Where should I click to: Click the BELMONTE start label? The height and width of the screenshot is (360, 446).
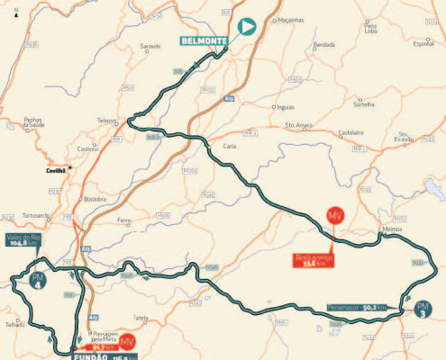[x=204, y=40]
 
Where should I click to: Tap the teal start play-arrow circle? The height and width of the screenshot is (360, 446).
[x=244, y=28]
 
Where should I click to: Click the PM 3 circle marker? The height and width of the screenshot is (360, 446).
[x=423, y=311]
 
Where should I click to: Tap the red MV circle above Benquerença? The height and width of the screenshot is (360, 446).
[x=335, y=218]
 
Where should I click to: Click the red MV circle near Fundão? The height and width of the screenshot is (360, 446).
[x=128, y=341]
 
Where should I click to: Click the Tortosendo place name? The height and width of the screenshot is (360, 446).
[x=35, y=217]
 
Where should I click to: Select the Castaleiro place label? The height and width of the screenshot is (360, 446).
[x=350, y=132]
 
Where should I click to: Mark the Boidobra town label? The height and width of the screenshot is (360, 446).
[x=95, y=198]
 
